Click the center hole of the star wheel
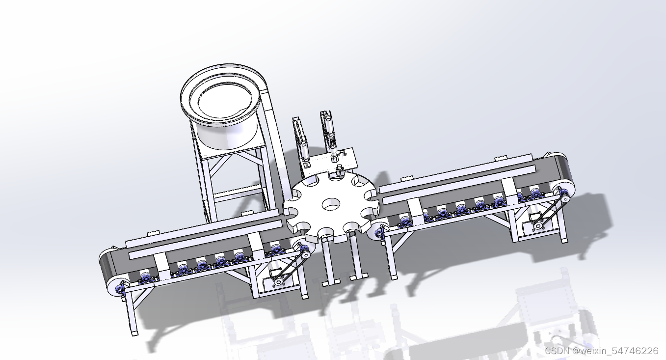click(x=331, y=204)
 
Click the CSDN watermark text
click(x=602, y=351)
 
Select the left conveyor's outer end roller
click(x=116, y=287)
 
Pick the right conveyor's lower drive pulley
click(x=537, y=226)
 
